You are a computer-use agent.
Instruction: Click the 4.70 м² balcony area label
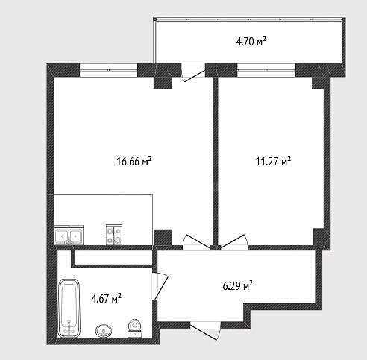tap(251, 41)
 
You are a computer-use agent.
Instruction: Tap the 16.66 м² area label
tap(134, 162)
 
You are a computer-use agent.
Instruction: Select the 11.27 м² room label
tap(273, 162)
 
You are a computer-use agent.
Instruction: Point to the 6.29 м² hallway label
tap(238, 285)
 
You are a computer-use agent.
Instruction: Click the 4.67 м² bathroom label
tap(106, 298)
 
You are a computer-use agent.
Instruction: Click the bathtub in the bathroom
tap(69, 308)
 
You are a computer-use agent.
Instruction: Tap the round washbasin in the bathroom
tap(104, 331)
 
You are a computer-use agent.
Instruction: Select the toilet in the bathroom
tap(134, 328)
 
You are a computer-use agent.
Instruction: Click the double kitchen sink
tap(69, 235)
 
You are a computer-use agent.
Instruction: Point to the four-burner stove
tap(114, 235)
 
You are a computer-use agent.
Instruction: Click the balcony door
tap(193, 72)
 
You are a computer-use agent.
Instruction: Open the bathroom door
tap(160, 286)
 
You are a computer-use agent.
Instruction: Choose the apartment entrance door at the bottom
tap(205, 330)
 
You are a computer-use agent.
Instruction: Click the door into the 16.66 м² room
tap(196, 242)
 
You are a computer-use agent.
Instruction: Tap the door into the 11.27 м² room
tap(234, 241)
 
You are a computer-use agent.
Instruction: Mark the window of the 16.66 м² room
tap(108, 70)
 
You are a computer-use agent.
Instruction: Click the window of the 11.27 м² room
tap(266, 70)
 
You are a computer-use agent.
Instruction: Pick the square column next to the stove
tap(163, 238)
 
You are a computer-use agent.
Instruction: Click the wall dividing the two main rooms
tap(215, 161)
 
